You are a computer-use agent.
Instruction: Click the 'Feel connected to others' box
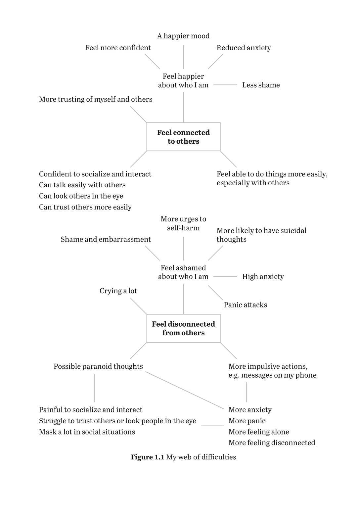point(183,137)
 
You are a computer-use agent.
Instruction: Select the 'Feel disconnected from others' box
point(183,328)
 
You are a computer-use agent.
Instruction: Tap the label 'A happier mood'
point(183,36)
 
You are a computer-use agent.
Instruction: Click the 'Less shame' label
point(261,85)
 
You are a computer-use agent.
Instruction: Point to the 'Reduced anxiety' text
point(244,48)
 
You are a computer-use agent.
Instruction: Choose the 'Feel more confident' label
point(118,48)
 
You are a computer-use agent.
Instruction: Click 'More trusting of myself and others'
point(96,99)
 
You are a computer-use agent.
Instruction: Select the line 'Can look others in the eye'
point(81,196)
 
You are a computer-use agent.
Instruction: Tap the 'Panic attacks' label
point(245,305)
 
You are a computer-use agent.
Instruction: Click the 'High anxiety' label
point(263,277)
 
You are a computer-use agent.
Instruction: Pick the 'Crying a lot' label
point(118,291)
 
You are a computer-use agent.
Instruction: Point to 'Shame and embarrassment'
point(106,239)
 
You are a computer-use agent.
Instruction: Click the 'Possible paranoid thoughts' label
point(98,366)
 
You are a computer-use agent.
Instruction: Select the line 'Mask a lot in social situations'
point(87,432)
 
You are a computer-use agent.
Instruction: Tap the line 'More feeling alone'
point(259,432)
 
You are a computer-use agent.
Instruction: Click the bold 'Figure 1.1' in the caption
point(148,457)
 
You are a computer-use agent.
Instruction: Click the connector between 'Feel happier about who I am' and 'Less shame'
point(225,85)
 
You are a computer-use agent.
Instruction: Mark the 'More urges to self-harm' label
point(183,223)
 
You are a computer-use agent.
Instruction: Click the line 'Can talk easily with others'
point(82,185)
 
